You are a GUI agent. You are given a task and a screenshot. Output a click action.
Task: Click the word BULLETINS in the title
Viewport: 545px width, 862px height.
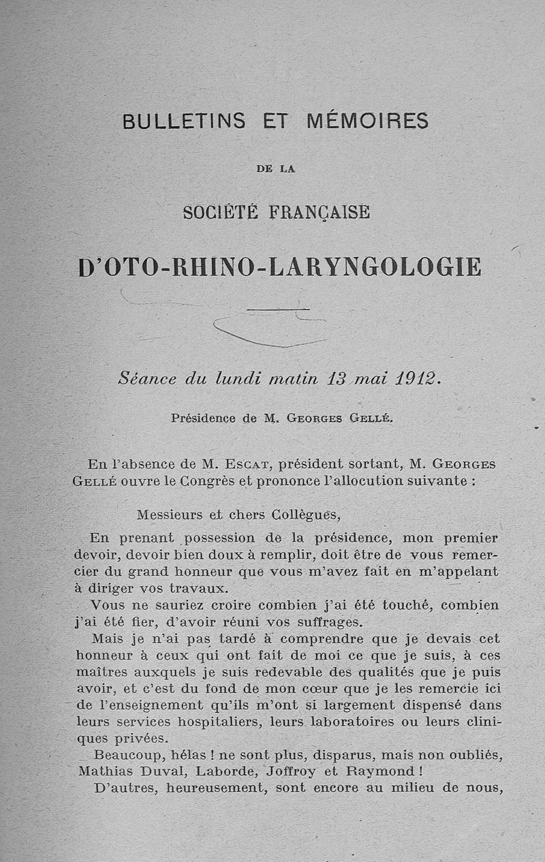point(184,121)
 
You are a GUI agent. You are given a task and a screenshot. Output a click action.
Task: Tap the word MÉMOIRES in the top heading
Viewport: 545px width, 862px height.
point(368,121)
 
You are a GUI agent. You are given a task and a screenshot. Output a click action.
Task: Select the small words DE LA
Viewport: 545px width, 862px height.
point(276,170)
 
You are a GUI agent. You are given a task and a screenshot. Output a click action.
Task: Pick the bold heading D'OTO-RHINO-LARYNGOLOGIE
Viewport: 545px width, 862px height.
point(280,266)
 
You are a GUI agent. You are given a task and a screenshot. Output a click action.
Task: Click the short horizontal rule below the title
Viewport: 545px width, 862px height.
point(279,309)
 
